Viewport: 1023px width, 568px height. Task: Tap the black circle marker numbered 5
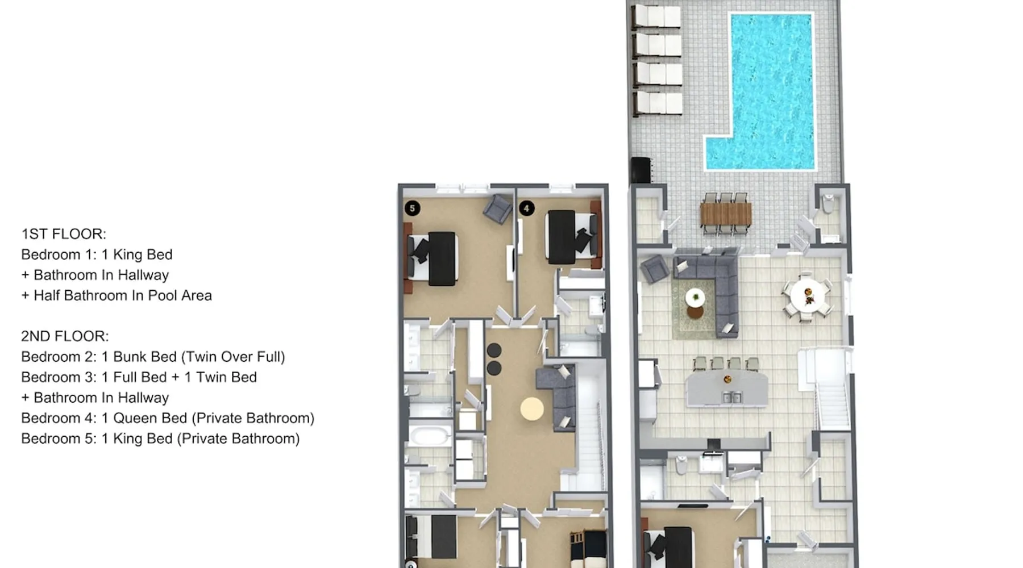(x=413, y=208)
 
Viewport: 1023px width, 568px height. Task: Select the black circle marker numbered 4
(x=527, y=208)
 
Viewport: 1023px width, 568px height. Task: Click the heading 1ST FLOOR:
(x=64, y=234)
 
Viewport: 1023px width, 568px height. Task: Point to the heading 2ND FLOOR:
(x=65, y=336)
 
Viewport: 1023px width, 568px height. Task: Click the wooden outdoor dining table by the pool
(x=726, y=214)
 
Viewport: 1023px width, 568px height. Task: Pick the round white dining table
(x=808, y=295)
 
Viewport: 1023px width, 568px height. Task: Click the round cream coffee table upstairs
(x=532, y=408)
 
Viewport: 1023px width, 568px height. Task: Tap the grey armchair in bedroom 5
(x=498, y=209)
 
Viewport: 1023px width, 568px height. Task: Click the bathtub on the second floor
(x=431, y=436)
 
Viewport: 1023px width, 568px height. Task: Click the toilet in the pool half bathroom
(x=828, y=203)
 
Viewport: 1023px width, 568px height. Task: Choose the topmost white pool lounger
(x=657, y=15)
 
